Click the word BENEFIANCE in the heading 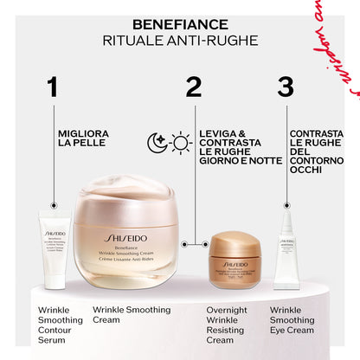click(x=180, y=25)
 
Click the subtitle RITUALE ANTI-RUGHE click(x=180, y=41)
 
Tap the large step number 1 click(x=54, y=87)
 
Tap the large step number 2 click(x=194, y=87)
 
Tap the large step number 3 click(x=286, y=87)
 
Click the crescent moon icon click(x=157, y=144)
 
